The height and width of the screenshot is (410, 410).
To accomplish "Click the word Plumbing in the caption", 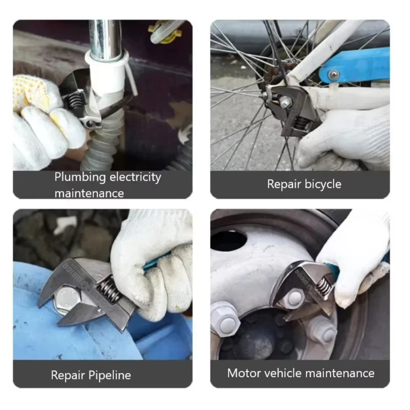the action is [x=80, y=178].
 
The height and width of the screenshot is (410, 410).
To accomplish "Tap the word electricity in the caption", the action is [x=135, y=178].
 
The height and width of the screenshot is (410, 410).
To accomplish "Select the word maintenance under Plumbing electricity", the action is [x=89, y=194].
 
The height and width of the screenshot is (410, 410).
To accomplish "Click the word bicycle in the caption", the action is [x=323, y=184].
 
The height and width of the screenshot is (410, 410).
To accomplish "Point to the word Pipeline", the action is [x=109, y=375].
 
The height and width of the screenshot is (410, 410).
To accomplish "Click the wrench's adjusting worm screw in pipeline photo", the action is [x=109, y=289].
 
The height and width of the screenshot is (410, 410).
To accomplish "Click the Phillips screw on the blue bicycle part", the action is [x=334, y=75].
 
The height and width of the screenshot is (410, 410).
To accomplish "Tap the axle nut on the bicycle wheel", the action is [x=285, y=101].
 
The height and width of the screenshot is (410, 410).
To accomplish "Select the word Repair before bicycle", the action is [x=284, y=184].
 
